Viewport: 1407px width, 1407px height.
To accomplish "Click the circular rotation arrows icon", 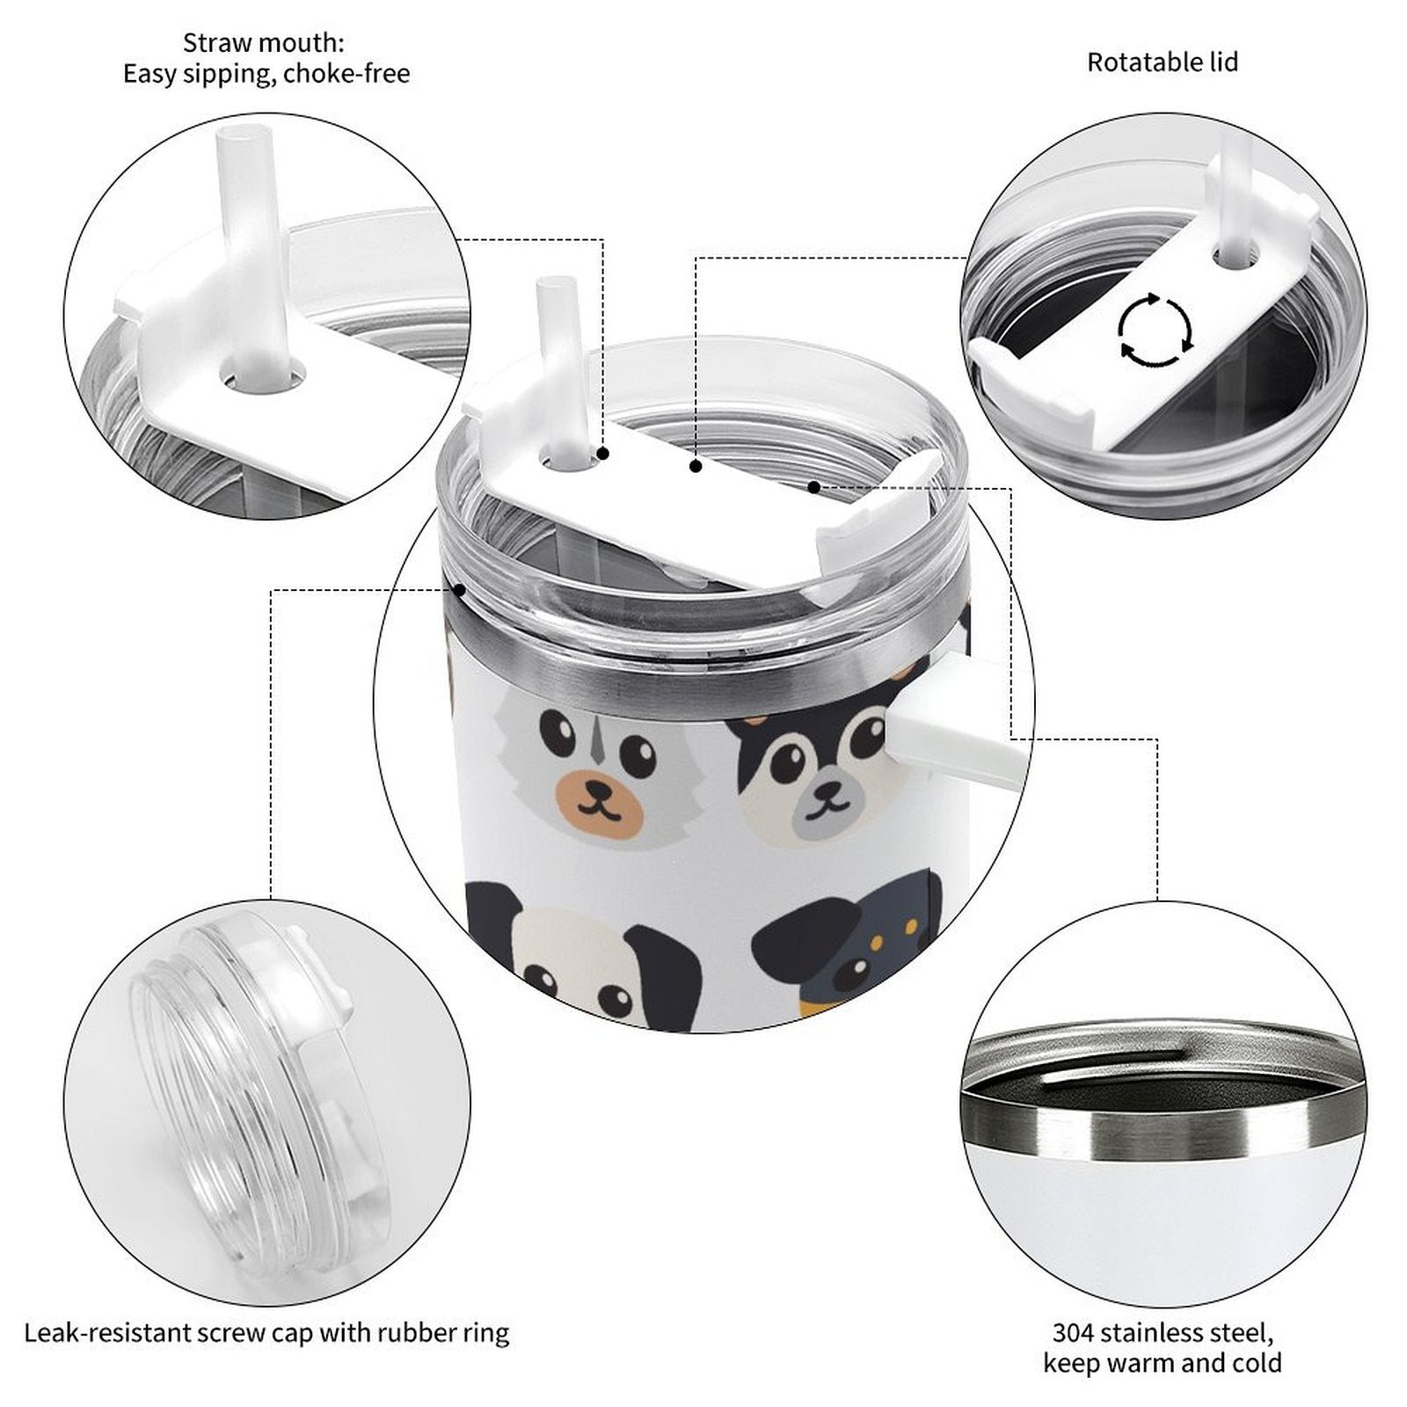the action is (x=1155, y=331).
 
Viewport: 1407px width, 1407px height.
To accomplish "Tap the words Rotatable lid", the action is (x=1163, y=62).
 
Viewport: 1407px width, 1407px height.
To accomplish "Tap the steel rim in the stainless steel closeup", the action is (x=1161, y=1117).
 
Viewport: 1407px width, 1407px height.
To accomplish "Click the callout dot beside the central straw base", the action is (x=603, y=454).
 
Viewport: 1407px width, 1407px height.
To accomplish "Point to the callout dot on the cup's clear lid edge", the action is (x=459, y=590).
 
